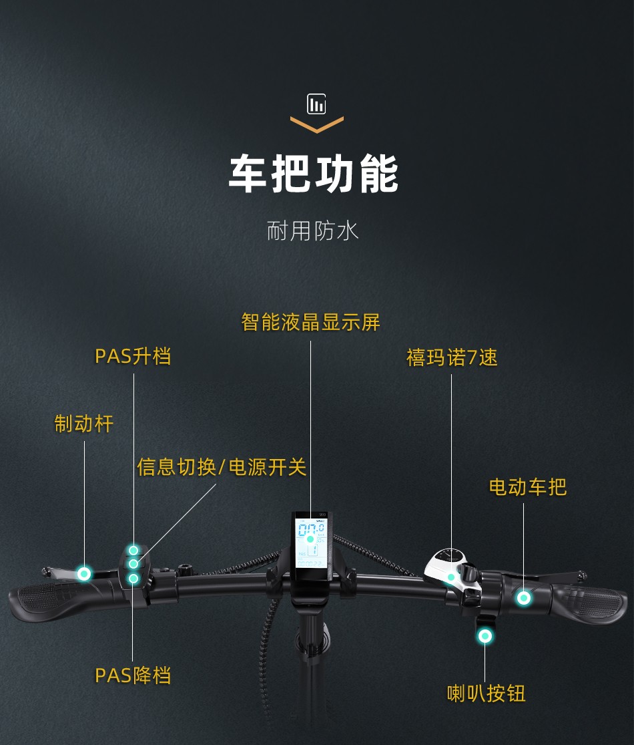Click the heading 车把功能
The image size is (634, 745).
pyautogui.click(x=314, y=174)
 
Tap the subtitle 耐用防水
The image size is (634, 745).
pyautogui.click(x=312, y=231)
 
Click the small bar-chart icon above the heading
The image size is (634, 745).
pyautogui.click(x=316, y=104)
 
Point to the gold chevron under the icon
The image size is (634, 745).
pyautogui.click(x=317, y=125)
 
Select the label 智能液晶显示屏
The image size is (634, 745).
pyautogui.click(x=310, y=322)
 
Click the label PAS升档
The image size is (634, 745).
pyautogui.click(x=133, y=356)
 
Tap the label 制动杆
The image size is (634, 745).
pyautogui.click(x=84, y=424)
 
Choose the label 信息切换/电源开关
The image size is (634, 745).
pyautogui.click(x=222, y=467)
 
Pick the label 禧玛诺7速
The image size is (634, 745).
pyautogui.click(x=452, y=357)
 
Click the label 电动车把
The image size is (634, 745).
pyautogui.click(x=527, y=487)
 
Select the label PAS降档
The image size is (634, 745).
pyautogui.click(x=133, y=676)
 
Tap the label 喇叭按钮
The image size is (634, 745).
pyautogui.click(x=486, y=694)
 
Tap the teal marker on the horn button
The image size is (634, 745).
pyautogui.click(x=485, y=636)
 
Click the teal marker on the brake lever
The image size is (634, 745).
pyautogui.click(x=84, y=573)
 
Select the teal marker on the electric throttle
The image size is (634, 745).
pyautogui.click(x=524, y=598)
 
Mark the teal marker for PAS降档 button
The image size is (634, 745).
pyautogui.click(x=133, y=578)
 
